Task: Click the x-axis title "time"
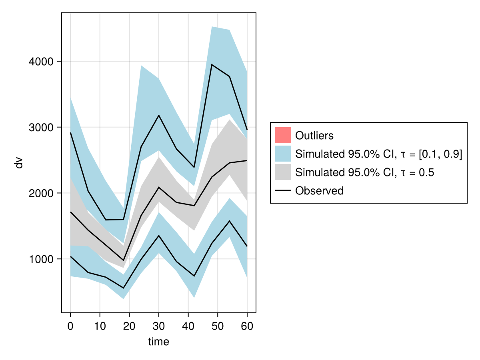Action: (x=159, y=342)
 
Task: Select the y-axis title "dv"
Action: (x=19, y=163)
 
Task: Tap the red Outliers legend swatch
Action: (x=283, y=135)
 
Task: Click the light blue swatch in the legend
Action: (x=283, y=154)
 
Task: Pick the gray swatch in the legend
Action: (x=283, y=172)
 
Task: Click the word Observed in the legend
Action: (x=319, y=191)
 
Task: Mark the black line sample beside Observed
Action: (x=283, y=191)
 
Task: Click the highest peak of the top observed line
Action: (x=212, y=65)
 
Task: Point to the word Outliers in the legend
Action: (x=314, y=136)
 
